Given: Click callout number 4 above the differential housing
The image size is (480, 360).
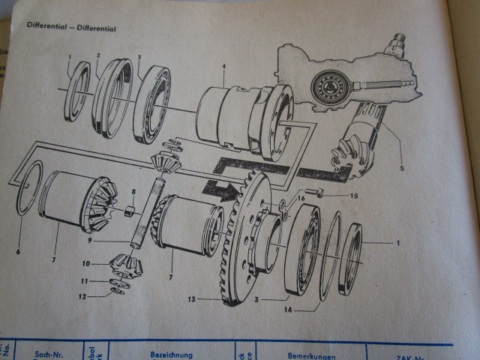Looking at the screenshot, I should click(223, 67).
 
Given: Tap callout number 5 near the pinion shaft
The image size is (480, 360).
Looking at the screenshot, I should click(402, 169).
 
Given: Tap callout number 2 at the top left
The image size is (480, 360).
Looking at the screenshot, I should click(98, 55).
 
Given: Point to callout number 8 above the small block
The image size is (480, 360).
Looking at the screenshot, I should click(133, 191).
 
